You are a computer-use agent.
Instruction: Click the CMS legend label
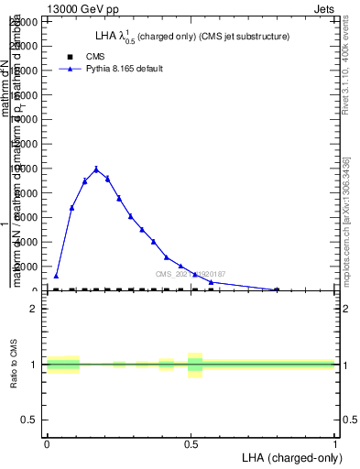point(95,56)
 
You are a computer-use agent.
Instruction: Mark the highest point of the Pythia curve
point(96,169)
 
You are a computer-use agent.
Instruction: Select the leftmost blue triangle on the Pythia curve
point(56,276)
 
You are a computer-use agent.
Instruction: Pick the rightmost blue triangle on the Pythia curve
point(277,289)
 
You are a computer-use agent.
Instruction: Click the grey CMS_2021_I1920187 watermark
point(191,274)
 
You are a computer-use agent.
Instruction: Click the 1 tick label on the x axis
point(335,442)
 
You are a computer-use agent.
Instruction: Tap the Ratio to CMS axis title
point(15,364)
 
